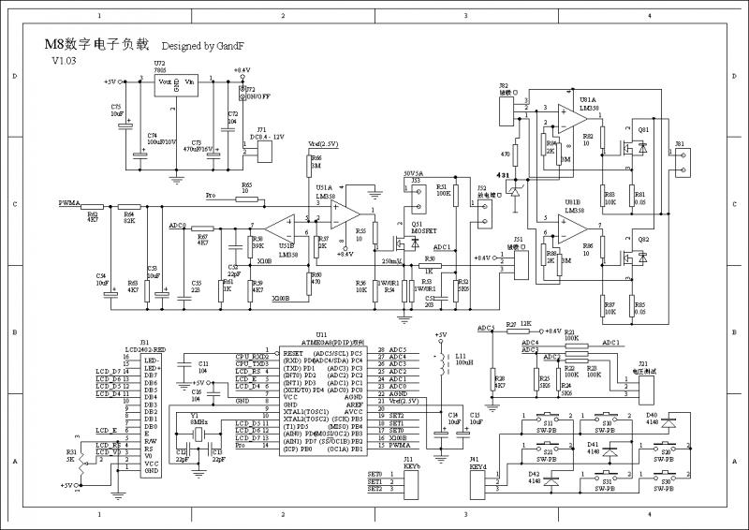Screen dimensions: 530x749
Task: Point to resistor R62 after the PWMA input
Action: tap(92, 206)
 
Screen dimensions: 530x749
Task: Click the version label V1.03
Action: tap(66, 60)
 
